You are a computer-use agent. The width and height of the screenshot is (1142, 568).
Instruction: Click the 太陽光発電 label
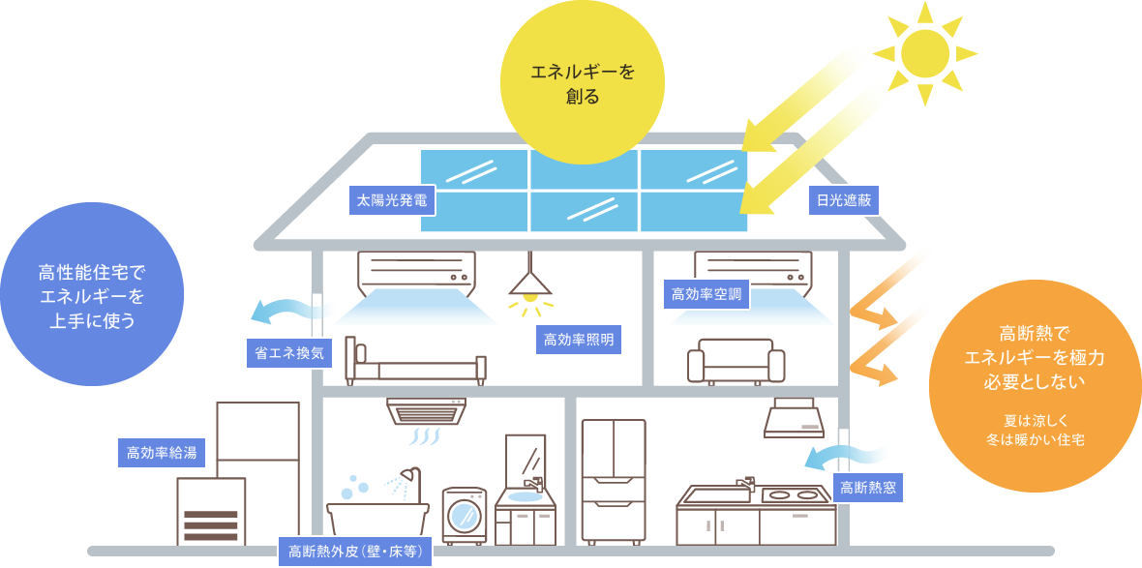(x=392, y=200)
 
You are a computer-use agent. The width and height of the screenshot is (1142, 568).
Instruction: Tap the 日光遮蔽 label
(x=844, y=200)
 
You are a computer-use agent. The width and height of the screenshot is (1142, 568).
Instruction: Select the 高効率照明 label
(x=578, y=340)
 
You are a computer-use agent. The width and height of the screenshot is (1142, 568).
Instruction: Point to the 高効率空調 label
(x=706, y=294)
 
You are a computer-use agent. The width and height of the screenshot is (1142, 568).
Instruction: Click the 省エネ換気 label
(x=289, y=354)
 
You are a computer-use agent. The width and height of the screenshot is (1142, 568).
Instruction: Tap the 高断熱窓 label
(x=868, y=488)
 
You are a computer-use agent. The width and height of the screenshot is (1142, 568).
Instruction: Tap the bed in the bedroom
(x=416, y=366)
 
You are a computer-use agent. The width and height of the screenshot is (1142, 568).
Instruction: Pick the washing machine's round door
(x=465, y=512)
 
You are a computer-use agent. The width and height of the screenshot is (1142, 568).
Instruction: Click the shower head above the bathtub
(x=410, y=475)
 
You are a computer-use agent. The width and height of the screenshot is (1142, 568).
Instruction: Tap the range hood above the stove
(x=794, y=418)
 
